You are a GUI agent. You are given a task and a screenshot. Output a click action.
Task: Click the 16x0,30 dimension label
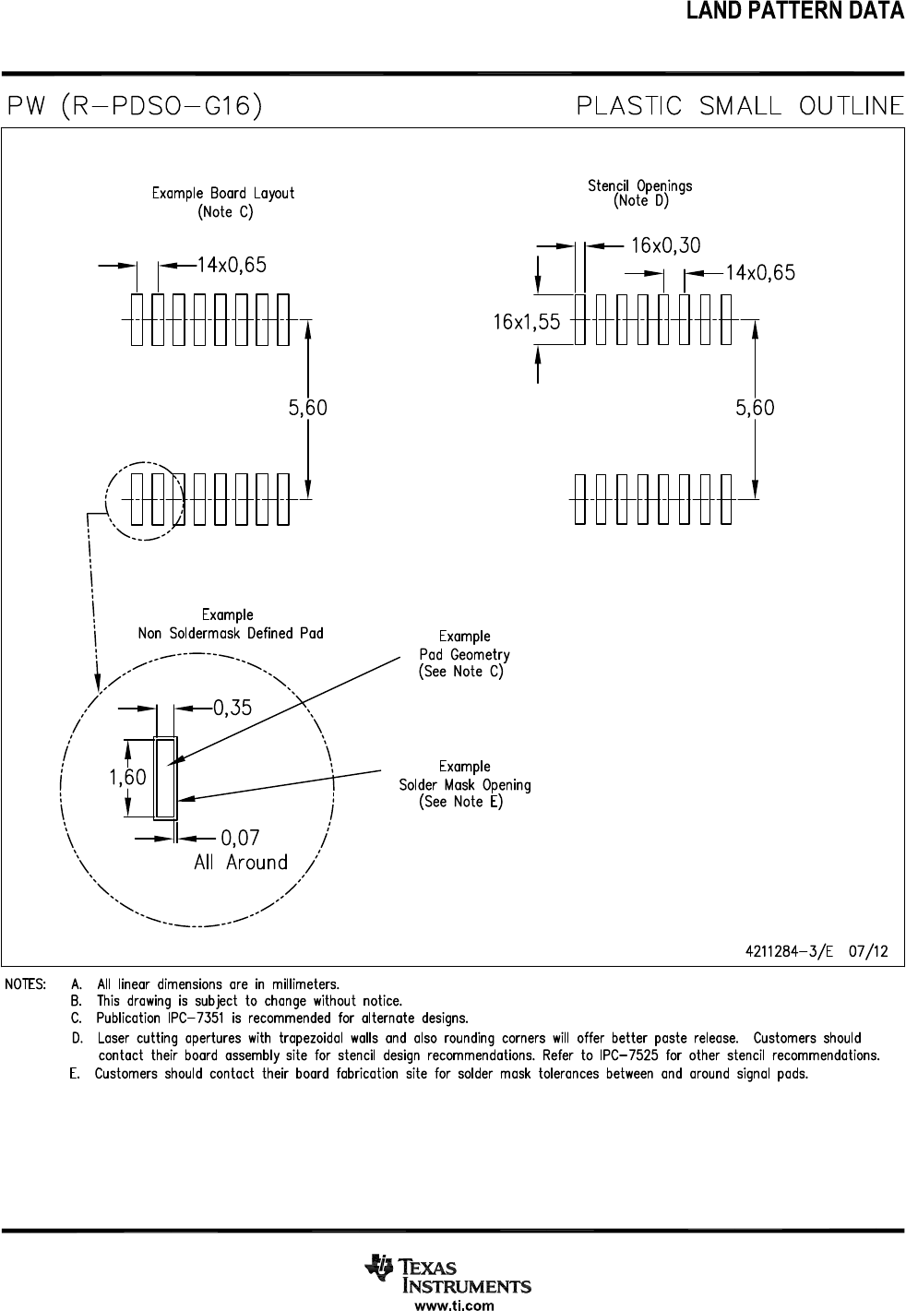(x=665, y=245)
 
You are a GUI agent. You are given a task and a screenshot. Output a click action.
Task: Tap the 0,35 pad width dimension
(x=233, y=708)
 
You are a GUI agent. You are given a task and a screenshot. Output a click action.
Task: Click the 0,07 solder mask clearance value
(x=240, y=838)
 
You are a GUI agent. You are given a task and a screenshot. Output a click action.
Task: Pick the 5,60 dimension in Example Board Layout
(x=308, y=408)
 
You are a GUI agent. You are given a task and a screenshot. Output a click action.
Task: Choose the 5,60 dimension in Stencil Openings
(x=755, y=408)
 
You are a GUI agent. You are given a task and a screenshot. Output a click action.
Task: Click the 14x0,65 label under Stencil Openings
(x=760, y=273)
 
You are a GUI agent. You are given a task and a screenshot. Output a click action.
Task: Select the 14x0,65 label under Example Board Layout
(x=232, y=265)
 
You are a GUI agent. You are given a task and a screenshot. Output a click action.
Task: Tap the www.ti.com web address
(x=454, y=1305)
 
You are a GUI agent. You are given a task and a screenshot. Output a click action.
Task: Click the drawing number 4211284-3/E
(x=788, y=952)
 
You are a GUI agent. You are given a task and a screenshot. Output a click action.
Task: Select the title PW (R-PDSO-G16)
(x=135, y=106)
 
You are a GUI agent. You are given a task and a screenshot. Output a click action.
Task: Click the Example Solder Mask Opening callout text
(x=464, y=784)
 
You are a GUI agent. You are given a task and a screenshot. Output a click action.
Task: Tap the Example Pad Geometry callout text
(x=464, y=654)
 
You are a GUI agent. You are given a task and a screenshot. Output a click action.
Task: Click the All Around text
(x=241, y=863)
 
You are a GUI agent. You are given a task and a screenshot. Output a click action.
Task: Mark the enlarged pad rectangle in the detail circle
(x=166, y=778)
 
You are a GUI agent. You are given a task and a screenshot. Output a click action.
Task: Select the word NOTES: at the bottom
(x=27, y=983)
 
